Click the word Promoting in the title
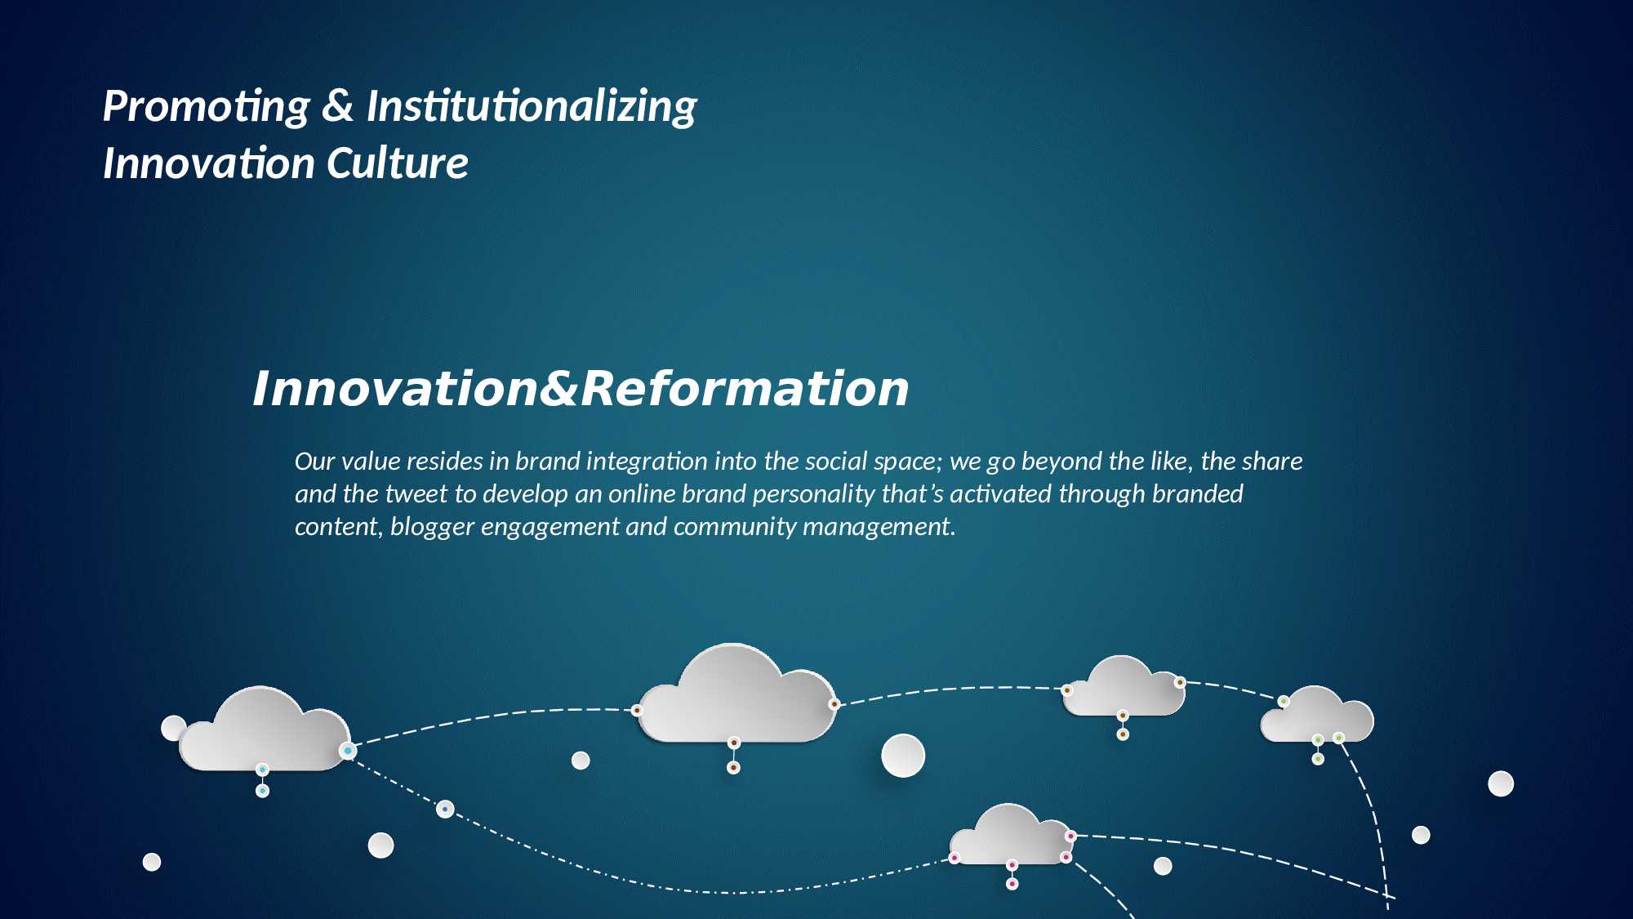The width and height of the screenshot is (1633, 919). tap(207, 107)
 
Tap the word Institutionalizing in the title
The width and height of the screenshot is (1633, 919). tap(532, 107)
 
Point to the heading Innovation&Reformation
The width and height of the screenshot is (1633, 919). tap(581, 388)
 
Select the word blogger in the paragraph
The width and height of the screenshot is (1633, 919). tap(432, 527)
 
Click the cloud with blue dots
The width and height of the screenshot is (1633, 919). tap(265, 729)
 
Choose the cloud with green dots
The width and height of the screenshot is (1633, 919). tap(1317, 715)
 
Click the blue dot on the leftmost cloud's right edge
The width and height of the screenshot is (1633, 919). tap(348, 751)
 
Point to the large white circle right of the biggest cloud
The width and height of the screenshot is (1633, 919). tap(903, 756)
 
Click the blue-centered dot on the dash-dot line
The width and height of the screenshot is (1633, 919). tap(445, 810)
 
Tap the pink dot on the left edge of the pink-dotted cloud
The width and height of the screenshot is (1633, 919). tap(954, 858)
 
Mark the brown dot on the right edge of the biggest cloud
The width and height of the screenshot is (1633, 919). tap(834, 704)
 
